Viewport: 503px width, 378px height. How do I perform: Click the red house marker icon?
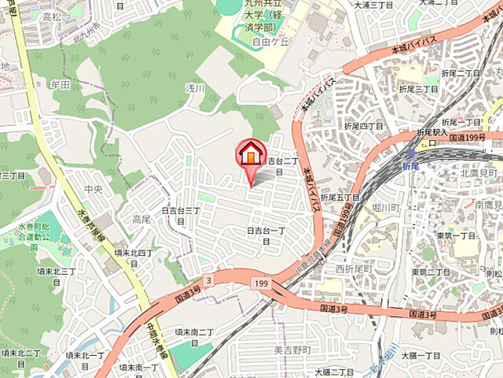(251, 153)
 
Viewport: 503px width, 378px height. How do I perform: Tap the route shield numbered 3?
(207, 280)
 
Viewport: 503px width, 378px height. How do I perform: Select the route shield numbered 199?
(260, 282)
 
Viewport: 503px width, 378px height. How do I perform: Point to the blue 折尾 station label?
(410, 167)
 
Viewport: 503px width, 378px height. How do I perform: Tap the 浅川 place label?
(173, 87)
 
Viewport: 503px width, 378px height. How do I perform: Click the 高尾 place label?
(141, 218)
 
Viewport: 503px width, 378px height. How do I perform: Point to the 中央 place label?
(93, 188)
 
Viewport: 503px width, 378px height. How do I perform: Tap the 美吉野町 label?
(292, 349)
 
